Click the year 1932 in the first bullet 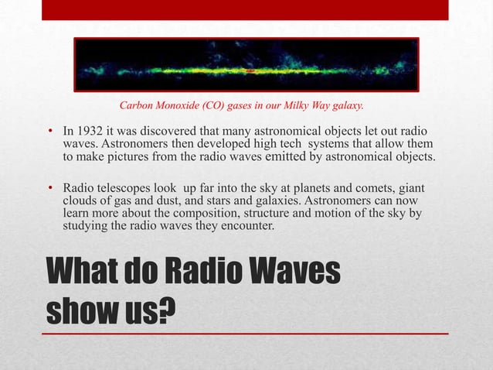click(91, 132)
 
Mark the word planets click(318, 190)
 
